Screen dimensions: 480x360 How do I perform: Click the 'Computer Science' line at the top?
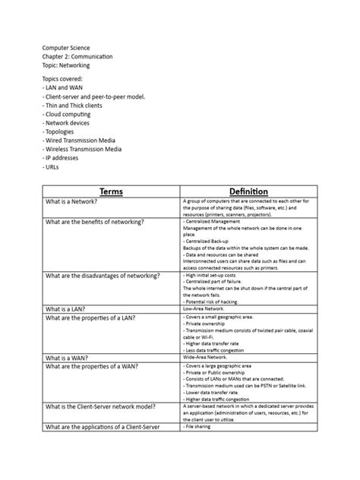(66, 46)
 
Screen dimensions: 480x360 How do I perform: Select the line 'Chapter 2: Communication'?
(77, 56)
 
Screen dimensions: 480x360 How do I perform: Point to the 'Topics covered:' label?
(63, 78)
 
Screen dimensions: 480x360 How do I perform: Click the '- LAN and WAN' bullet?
(63, 88)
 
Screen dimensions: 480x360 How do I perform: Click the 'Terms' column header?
(112, 191)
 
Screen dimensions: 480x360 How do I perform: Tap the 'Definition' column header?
(248, 191)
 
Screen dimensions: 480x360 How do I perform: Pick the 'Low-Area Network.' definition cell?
(205, 309)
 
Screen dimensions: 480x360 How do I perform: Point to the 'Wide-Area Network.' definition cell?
(207, 356)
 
